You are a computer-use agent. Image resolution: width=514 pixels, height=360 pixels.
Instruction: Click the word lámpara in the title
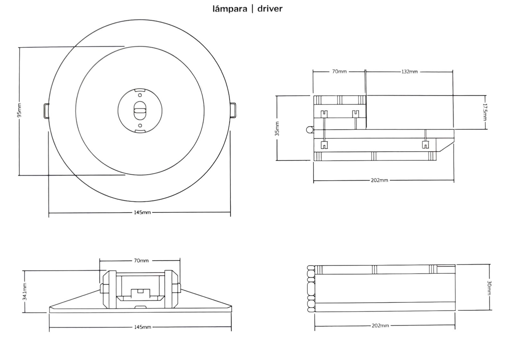click(230, 9)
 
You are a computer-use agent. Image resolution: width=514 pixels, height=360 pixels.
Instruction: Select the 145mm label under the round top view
click(142, 212)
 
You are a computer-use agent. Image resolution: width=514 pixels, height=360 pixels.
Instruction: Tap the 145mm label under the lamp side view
click(142, 327)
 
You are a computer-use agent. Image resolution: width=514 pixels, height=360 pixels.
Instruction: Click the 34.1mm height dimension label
click(25, 292)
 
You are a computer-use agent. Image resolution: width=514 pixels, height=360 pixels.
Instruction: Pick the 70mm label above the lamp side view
click(141, 260)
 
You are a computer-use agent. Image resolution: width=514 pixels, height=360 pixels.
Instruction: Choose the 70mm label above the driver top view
click(339, 71)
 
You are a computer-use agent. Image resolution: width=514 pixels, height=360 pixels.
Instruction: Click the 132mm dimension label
click(409, 71)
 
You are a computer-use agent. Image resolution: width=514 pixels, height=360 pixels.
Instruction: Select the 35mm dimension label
click(277, 128)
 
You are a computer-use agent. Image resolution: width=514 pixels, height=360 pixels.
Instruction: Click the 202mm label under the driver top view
click(379, 180)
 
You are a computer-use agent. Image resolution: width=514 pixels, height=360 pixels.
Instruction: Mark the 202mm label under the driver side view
click(380, 326)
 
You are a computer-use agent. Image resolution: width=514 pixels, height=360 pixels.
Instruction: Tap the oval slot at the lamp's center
click(140, 110)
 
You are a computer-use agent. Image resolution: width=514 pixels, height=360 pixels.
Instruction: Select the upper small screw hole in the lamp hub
click(140, 95)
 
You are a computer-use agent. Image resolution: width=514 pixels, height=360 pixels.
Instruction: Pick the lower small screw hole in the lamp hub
click(140, 125)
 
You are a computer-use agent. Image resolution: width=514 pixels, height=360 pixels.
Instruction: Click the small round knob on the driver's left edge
click(309, 130)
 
